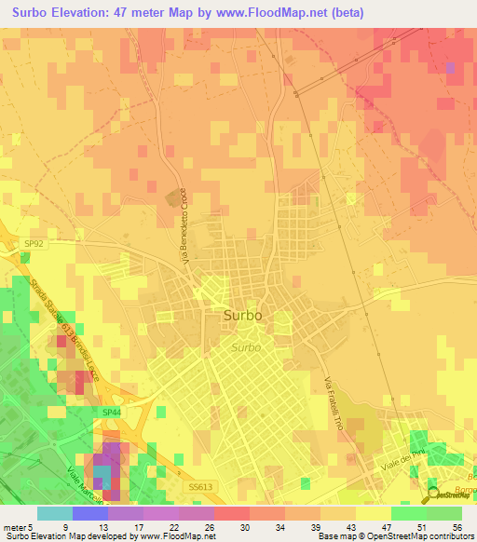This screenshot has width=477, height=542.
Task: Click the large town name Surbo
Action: click(x=242, y=316)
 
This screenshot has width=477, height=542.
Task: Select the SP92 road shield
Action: click(x=33, y=244)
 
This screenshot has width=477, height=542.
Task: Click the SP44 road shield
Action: click(x=112, y=412)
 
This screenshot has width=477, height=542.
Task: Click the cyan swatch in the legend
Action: click(x=54, y=513)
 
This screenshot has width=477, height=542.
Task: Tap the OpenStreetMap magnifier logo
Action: click(x=435, y=494)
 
